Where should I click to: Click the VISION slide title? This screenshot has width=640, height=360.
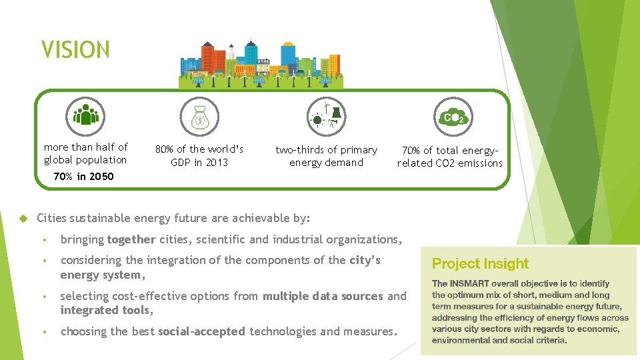(x=75, y=50)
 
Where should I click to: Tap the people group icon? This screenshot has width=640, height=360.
(x=85, y=116)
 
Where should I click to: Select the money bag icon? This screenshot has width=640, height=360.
(x=199, y=117)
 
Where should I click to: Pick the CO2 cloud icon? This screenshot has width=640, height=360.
(x=453, y=117)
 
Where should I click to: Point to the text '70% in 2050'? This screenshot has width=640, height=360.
(x=83, y=177)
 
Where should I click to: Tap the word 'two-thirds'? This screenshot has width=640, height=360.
(x=299, y=150)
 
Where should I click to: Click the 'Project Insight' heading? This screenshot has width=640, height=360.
(x=480, y=264)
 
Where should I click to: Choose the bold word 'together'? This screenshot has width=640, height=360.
(x=131, y=239)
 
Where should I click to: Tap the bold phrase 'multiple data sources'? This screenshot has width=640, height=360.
(x=323, y=296)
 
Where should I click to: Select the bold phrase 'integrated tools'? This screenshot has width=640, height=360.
(x=105, y=310)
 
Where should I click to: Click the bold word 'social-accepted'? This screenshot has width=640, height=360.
(x=201, y=331)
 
